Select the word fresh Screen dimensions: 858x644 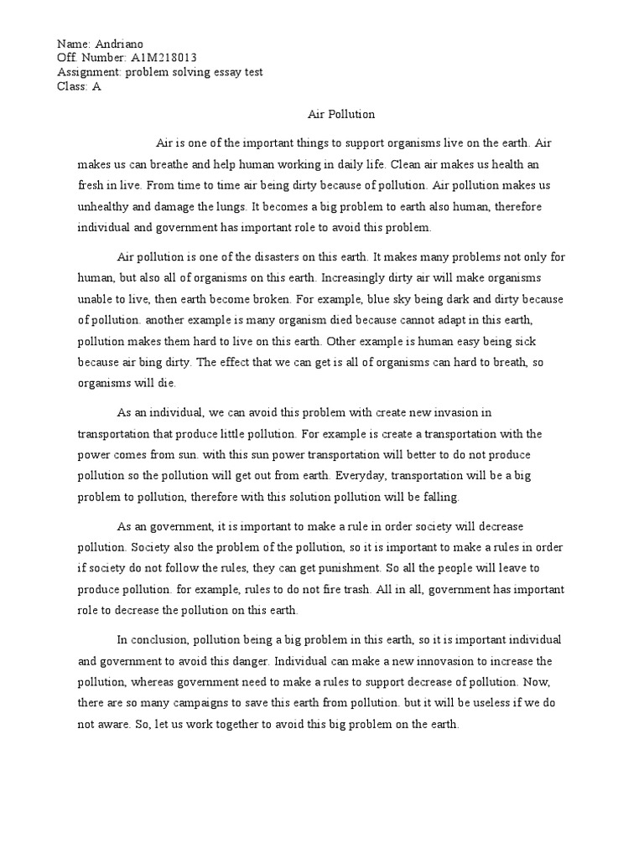tap(93, 185)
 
